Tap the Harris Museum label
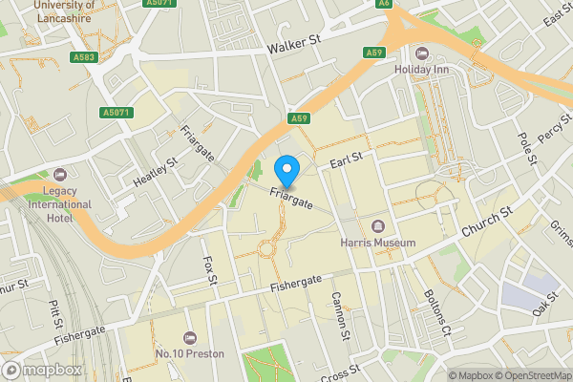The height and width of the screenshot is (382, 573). point(378,243)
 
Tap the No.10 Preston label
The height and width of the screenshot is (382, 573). point(189,353)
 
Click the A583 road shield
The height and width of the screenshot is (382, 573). point(83,57)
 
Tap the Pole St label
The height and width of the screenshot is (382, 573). point(524,147)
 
